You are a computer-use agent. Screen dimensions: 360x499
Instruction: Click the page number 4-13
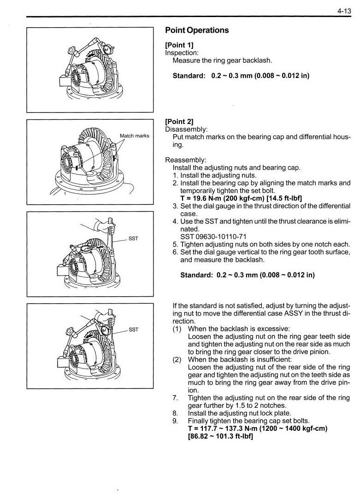344,11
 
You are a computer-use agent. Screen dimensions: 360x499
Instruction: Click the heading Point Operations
197,30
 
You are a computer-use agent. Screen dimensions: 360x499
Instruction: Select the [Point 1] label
179,45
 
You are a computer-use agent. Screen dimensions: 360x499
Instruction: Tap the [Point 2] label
179,122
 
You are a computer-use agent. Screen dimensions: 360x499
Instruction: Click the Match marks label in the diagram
134,136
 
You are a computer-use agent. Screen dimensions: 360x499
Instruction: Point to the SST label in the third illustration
133,238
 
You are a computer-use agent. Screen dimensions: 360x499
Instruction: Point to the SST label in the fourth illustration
133,329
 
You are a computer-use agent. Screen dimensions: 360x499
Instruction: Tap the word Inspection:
182,53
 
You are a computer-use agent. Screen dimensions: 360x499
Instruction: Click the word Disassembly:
186,129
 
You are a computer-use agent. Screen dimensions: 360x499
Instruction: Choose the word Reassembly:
186,160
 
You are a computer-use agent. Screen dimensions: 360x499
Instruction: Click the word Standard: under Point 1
189,76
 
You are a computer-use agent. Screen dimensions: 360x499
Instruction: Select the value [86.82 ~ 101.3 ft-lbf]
220,436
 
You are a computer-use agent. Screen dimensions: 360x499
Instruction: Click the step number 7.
175,398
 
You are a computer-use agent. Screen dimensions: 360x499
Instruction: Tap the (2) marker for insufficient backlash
177,359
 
